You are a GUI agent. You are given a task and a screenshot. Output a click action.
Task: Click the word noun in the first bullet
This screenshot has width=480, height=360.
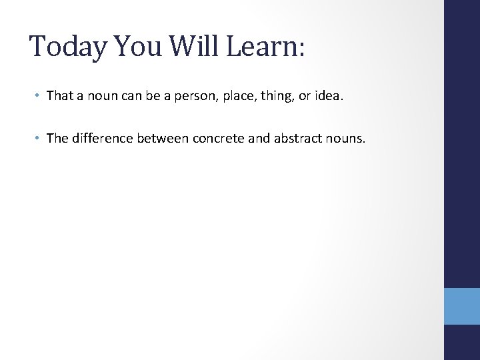tap(97, 96)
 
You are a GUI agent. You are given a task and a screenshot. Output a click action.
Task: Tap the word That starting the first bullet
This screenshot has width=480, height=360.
tap(59, 95)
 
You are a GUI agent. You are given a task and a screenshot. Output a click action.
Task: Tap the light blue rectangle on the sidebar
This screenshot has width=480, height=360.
tap(461, 306)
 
